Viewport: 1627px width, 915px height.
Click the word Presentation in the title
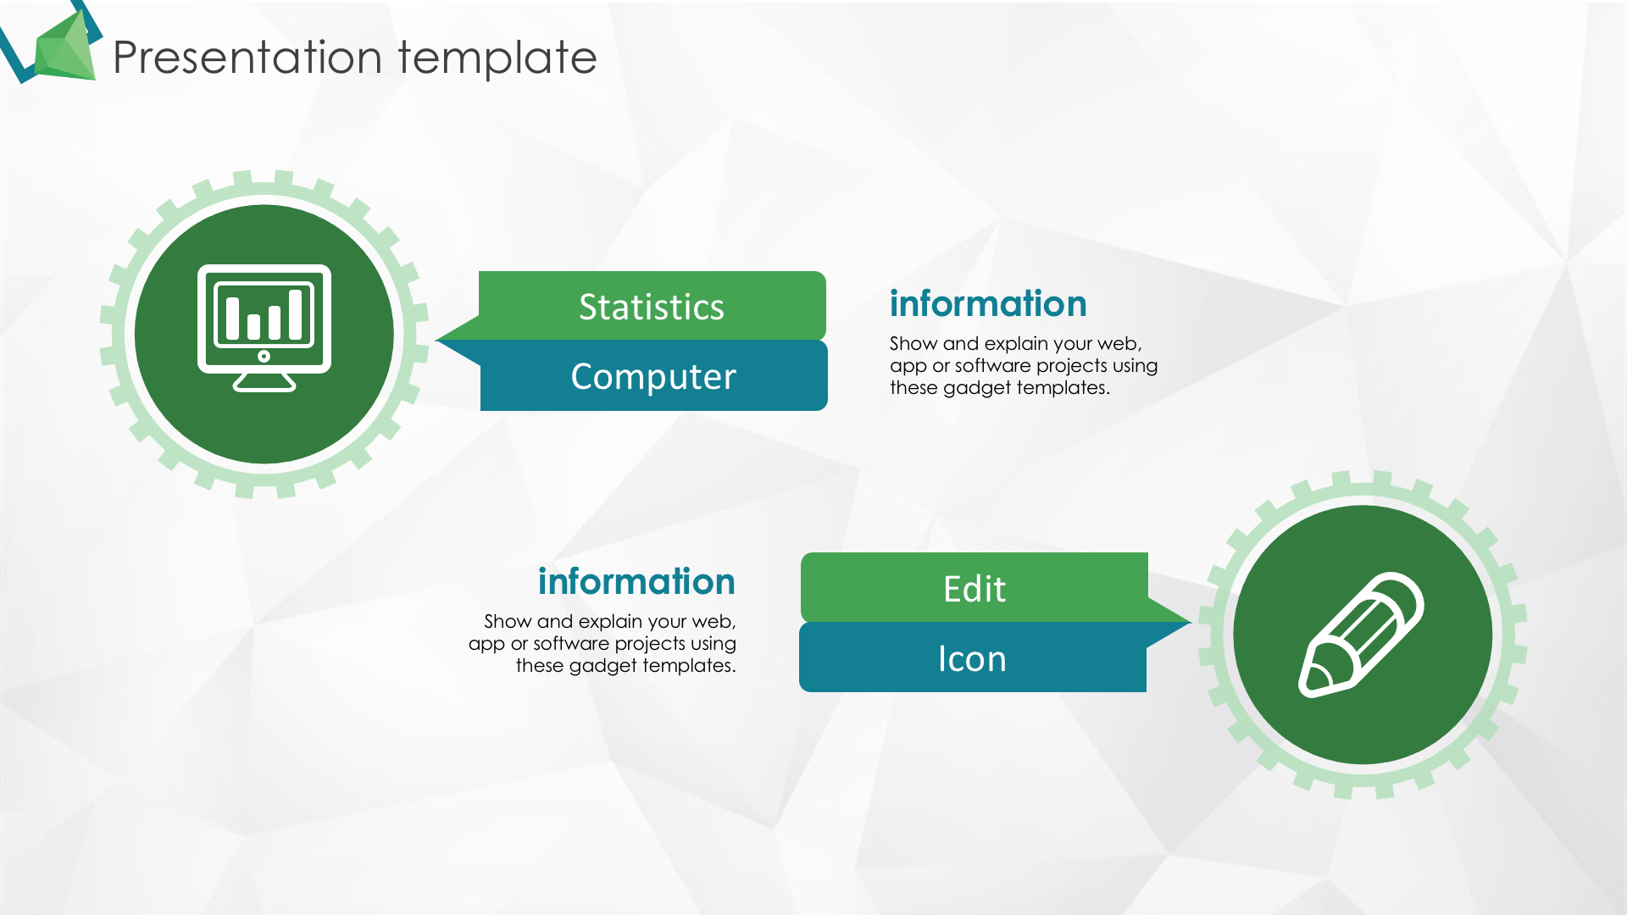tap(247, 58)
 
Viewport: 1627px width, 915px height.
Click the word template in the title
tap(497, 58)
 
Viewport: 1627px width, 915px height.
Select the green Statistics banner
tap(652, 306)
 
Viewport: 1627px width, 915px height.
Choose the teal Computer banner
tap(653, 376)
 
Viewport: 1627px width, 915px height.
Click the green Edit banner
tap(975, 588)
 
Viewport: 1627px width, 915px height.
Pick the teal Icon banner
tap(972, 657)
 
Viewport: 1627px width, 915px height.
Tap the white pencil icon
tap(1362, 635)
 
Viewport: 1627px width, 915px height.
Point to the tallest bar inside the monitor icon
tap(295, 314)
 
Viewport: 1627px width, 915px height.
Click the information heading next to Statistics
tap(988, 303)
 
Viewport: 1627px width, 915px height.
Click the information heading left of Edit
tap(636, 581)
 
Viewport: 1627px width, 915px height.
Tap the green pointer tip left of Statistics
tap(437, 340)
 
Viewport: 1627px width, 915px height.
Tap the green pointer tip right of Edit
tap(1190, 623)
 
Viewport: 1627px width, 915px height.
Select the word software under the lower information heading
tap(571, 644)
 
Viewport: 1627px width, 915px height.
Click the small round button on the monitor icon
tap(264, 356)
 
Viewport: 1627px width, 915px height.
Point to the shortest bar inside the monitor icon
tap(253, 326)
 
